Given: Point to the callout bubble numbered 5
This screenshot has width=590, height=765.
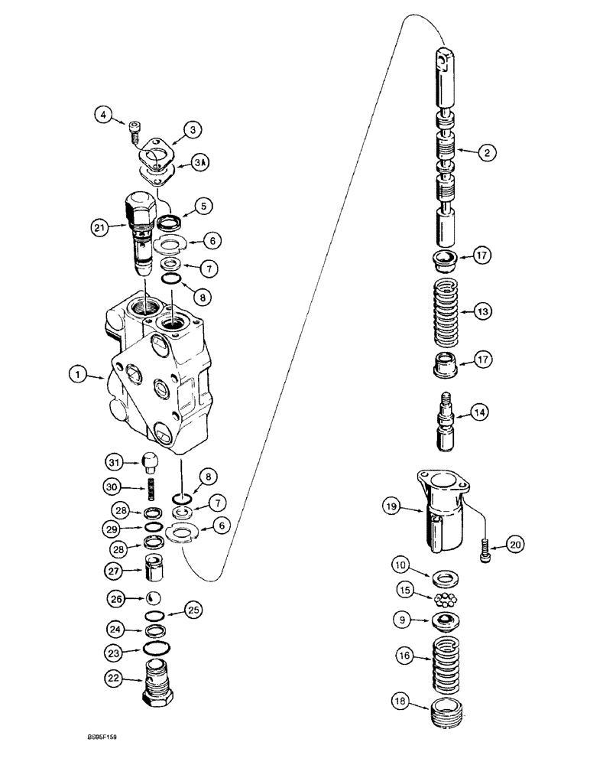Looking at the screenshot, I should click(203, 206).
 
